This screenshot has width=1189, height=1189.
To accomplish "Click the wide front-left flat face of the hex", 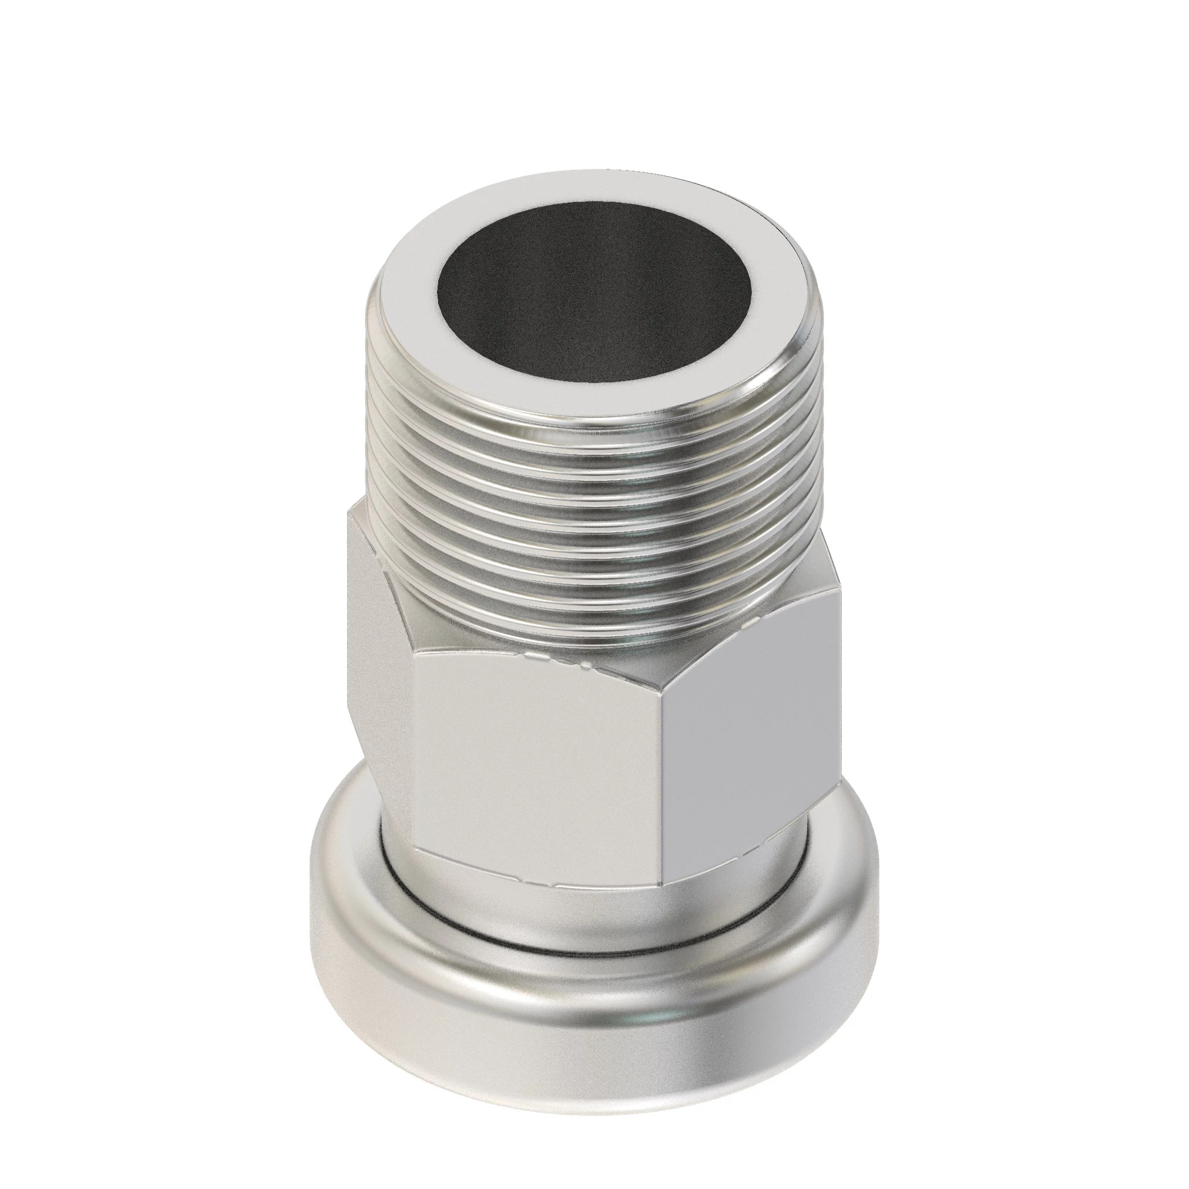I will pyautogui.click(x=536, y=769).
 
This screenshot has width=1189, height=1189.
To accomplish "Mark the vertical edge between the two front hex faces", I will pyautogui.click(x=666, y=800).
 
